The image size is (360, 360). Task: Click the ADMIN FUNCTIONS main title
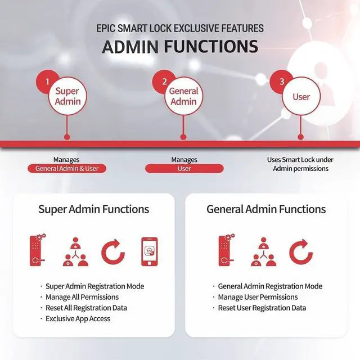(x=180, y=47)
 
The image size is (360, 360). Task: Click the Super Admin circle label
(x=67, y=96)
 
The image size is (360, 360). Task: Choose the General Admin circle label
(x=184, y=96)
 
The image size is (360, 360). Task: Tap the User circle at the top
(x=301, y=97)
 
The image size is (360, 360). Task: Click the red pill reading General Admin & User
(x=67, y=168)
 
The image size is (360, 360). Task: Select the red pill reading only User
(x=184, y=168)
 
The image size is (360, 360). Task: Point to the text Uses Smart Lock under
(x=297, y=160)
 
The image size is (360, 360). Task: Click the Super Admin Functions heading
(x=93, y=209)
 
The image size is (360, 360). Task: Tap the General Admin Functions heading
(x=266, y=209)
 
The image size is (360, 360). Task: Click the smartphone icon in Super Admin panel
(x=149, y=251)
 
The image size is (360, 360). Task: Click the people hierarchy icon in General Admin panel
(x=263, y=252)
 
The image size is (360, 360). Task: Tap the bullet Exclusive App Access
(x=78, y=318)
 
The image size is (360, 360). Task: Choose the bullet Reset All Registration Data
(x=86, y=308)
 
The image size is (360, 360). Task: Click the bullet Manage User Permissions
(x=258, y=297)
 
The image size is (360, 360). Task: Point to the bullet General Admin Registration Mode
(x=270, y=286)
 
